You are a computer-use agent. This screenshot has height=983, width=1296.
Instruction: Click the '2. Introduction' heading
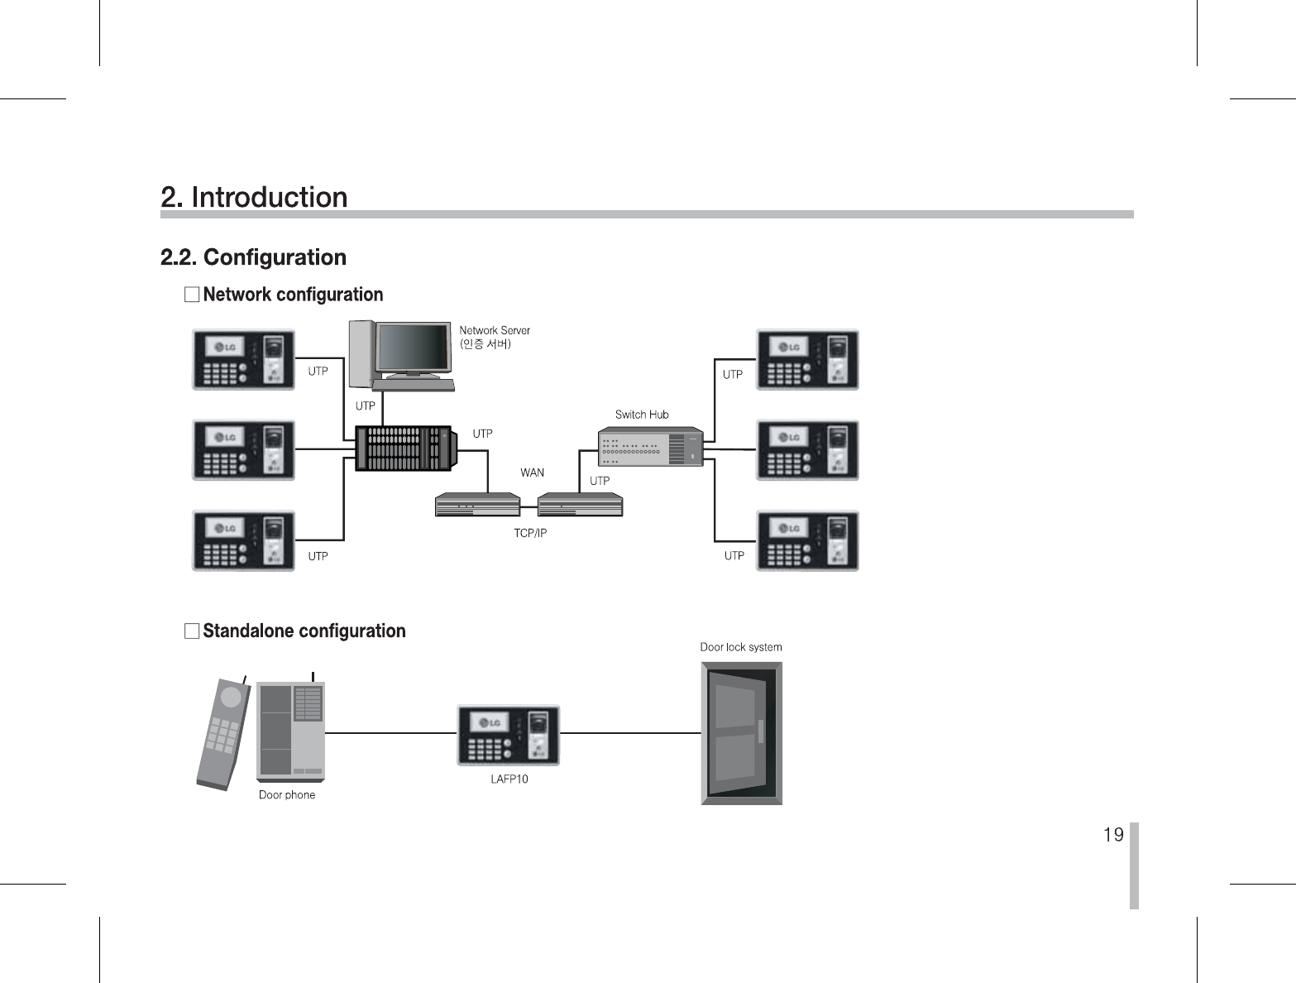pos(254,197)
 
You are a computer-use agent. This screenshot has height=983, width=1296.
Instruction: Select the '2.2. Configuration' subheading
pos(253,257)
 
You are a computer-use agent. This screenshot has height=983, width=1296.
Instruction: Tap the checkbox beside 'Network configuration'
pos(192,295)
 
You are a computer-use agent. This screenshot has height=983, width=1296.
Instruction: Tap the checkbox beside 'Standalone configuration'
pos(192,631)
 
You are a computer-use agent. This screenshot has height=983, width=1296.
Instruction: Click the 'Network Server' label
pos(495,330)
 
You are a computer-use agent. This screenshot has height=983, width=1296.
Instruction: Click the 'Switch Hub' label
pos(642,415)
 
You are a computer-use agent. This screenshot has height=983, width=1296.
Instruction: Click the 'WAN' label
pos(532,472)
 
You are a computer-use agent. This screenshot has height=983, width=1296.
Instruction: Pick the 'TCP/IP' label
pos(530,534)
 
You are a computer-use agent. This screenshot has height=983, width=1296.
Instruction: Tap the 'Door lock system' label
pos(741,647)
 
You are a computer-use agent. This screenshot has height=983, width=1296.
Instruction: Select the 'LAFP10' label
pos(509,779)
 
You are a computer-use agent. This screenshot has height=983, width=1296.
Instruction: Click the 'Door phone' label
pos(287,795)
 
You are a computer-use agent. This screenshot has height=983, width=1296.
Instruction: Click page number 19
pos(1113,834)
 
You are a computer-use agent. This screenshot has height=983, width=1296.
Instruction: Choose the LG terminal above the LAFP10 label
pos(509,735)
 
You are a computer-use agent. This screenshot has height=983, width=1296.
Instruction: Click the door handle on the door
pos(761,731)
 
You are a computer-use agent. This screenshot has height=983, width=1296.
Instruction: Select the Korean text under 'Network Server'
pos(485,343)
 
